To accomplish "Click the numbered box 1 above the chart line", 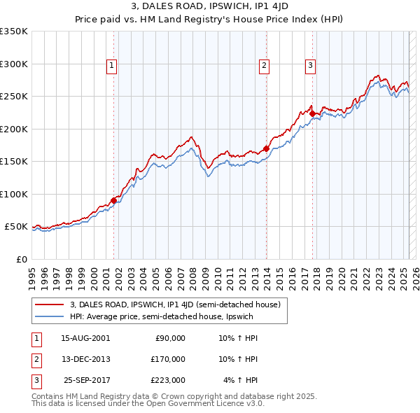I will [x=113, y=66].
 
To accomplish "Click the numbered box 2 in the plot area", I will [x=265, y=66].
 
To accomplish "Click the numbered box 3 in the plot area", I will [x=310, y=66].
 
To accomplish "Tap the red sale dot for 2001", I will [x=113, y=201].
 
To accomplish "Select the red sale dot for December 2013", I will [x=267, y=148].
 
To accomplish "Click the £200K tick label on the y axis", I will [x=14, y=129].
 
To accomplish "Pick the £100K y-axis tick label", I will [x=14, y=194].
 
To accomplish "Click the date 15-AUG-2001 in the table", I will [x=85, y=339].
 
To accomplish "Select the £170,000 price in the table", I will [x=168, y=359].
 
